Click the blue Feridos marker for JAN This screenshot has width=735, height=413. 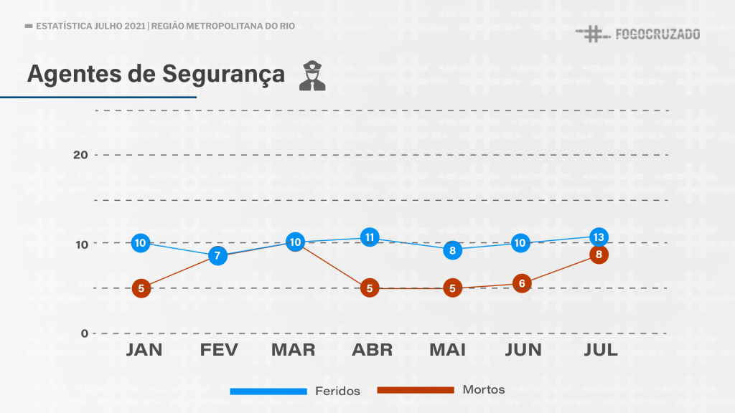click(x=141, y=243)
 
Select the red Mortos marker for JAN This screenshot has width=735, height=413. click(x=141, y=289)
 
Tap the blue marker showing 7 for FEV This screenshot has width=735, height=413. click(x=217, y=255)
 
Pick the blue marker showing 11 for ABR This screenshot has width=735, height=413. click(x=370, y=237)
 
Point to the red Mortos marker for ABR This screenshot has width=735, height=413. click(x=370, y=289)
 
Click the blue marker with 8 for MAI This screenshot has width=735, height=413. click(x=452, y=250)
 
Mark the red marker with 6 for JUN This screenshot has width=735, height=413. click(x=522, y=283)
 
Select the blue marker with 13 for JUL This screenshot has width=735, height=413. click(x=599, y=237)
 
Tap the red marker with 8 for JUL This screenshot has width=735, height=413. click(x=599, y=255)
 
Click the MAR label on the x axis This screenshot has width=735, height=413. click(x=294, y=350)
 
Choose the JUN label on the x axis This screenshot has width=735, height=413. click(x=523, y=350)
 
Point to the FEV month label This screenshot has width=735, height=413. click(x=220, y=350)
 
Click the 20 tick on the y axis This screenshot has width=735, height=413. click(x=80, y=155)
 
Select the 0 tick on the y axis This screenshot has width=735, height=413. click(x=84, y=333)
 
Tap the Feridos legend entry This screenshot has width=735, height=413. click(x=337, y=391)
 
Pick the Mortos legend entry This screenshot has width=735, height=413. click(x=484, y=390)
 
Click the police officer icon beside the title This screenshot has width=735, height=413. click(x=312, y=76)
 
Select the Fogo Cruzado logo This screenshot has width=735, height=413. click(x=638, y=34)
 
